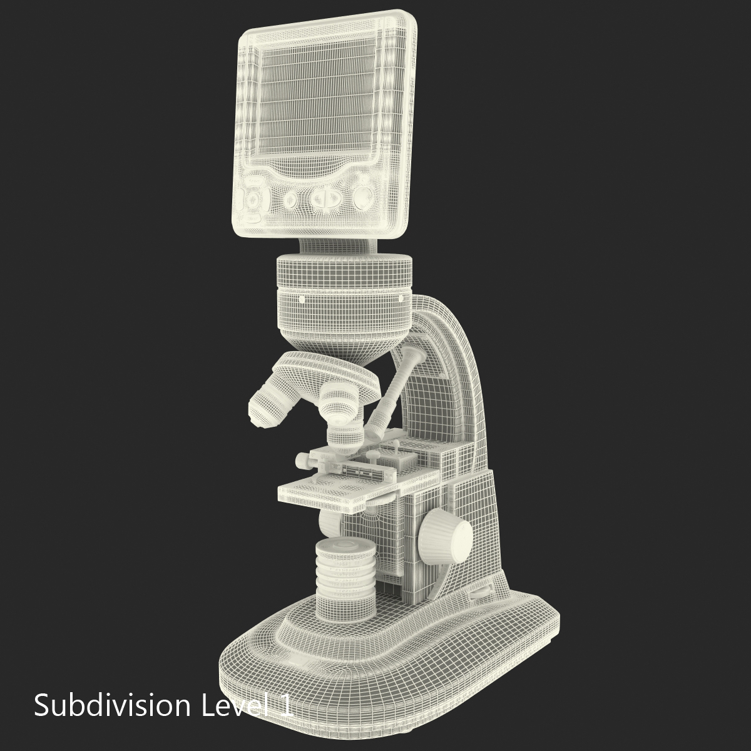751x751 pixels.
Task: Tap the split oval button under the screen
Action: coord(325,200)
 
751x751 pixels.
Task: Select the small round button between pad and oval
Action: coord(290,200)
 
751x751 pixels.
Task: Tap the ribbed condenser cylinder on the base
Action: coord(344,582)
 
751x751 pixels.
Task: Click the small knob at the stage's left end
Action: coord(302,461)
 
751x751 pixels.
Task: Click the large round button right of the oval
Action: coord(362,197)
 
